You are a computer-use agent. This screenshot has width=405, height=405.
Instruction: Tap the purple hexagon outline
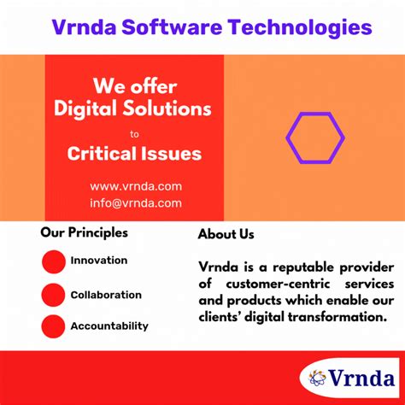tap(314, 137)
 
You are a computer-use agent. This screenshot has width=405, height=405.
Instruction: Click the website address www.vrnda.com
tap(135, 186)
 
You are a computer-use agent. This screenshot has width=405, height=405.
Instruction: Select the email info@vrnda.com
tap(135, 203)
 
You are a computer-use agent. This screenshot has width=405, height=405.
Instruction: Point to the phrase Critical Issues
tap(135, 154)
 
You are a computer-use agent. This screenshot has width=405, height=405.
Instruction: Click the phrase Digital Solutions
tap(132, 109)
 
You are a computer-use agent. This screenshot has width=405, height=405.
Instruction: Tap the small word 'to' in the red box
tap(133, 133)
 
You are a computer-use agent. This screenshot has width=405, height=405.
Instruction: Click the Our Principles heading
tap(84, 232)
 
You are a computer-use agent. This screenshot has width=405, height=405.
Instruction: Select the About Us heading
tap(226, 234)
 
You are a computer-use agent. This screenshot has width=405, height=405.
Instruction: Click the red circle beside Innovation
tap(54, 261)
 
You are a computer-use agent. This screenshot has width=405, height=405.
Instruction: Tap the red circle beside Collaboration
tap(54, 295)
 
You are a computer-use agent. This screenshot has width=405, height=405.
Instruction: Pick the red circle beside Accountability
tap(54, 326)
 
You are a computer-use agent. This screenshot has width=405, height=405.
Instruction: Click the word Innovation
tap(99, 261)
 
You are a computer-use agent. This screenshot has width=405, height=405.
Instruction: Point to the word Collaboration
tap(106, 295)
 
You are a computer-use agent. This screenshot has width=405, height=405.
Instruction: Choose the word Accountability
tap(109, 326)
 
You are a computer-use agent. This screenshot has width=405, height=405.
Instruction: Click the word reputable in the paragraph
tap(288, 266)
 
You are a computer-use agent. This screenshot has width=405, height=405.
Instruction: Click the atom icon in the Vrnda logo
tap(318, 377)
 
